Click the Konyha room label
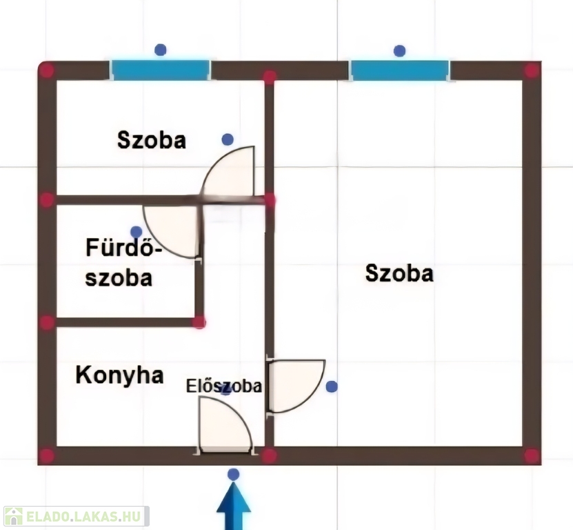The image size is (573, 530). click(119, 375)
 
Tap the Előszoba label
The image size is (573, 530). click(224, 386)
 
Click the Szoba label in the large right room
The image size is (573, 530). click(399, 273)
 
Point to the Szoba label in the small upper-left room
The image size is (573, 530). click(152, 140)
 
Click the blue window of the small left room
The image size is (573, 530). click(161, 70)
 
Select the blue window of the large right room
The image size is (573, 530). click(399, 70)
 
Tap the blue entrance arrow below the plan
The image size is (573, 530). click(234, 508)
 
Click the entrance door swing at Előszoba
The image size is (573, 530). click(223, 425)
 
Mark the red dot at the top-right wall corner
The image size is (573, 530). click(531, 70)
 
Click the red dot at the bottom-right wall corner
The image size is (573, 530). click(531, 455)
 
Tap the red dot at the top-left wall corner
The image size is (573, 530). click(46, 70)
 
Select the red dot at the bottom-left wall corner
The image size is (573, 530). click(46, 455)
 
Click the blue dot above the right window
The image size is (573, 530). click(399, 50)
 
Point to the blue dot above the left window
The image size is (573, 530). click(161, 50)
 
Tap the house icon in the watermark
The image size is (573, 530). click(14, 516)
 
